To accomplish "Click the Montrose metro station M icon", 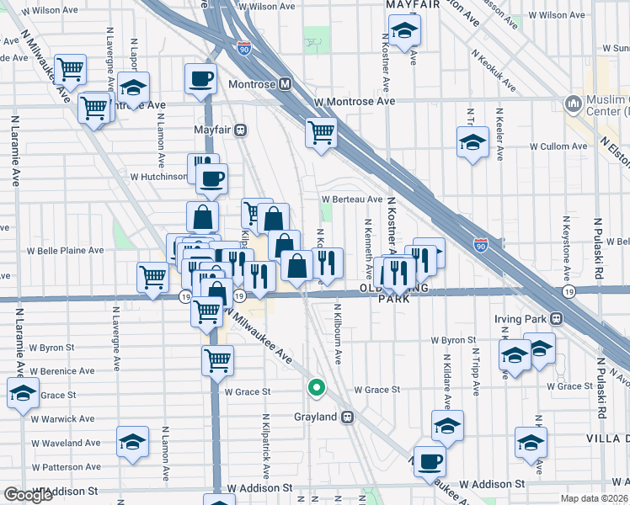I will (x=286, y=85).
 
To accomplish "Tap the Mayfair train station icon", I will (x=241, y=130).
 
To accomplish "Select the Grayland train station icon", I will (x=346, y=417).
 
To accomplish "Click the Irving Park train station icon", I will (x=556, y=320).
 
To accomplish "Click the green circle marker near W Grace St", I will (x=316, y=388).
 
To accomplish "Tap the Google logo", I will (x=28, y=495).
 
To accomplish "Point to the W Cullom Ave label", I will (x=560, y=146).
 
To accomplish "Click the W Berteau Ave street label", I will (x=352, y=199).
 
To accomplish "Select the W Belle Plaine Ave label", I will (x=66, y=250).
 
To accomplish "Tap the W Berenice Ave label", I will (x=63, y=371).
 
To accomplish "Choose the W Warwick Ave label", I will (x=64, y=418).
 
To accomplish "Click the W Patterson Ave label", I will (x=67, y=466).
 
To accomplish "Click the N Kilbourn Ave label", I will (x=339, y=334).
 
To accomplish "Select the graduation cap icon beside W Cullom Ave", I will (x=473, y=143).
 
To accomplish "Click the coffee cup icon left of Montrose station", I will (x=200, y=80).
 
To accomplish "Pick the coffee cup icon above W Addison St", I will (x=430, y=461).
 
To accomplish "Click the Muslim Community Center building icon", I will (x=574, y=104).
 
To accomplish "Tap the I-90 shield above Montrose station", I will (x=244, y=48).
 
